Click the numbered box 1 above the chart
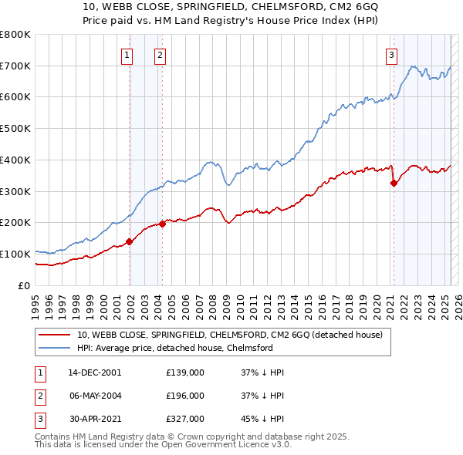[x=126, y=54]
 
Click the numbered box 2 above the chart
[x=159, y=54]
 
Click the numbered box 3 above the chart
[x=392, y=54]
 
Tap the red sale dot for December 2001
[x=129, y=241]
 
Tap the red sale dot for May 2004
[x=162, y=224]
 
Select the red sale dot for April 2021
[x=394, y=183]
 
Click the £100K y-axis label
[x=15, y=254]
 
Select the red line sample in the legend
[x=56, y=334]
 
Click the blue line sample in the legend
[x=56, y=348]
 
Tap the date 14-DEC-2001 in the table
[x=94, y=372]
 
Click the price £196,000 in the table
[x=185, y=396]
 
